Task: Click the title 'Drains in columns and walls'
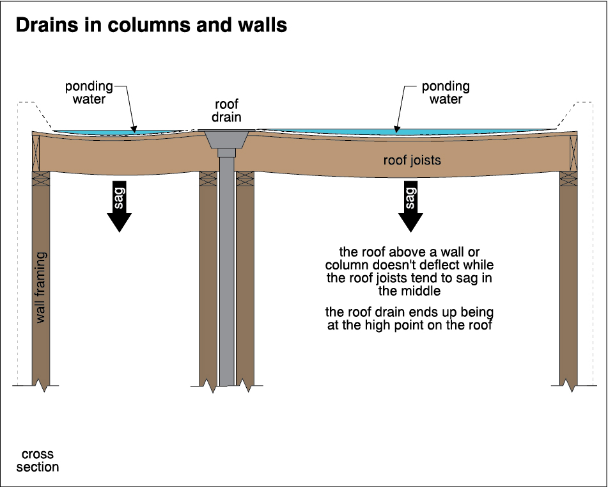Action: tap(151, 26)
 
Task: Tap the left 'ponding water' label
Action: tap(89, 92)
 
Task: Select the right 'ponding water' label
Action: tap(446, 92)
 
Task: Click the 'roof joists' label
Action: tap(412, 160)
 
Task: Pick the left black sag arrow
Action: tap(120, 205)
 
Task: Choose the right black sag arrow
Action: tap(410, 205)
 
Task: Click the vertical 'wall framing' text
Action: tap(41, 288)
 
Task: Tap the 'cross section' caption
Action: tap(38, 461)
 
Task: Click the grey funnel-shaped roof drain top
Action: tap(227, 138)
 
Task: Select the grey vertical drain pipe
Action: tap(227, 275)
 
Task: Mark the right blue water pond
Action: tap(409, 132)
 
